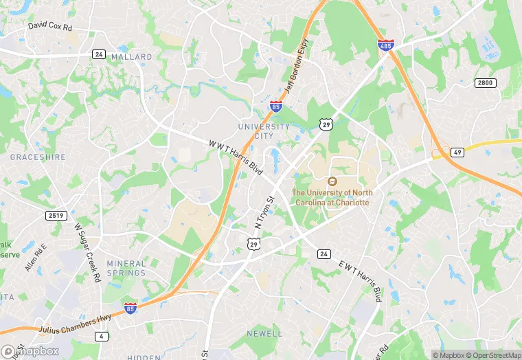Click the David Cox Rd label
pos(51,27)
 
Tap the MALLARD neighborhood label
pos(131,56)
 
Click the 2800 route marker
pos(484,82)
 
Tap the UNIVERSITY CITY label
pos(264,131)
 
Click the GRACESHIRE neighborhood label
pos(38,157)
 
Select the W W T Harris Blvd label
pos(236,157)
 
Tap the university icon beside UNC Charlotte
pos(332,181)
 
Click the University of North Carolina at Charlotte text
pos(331,198)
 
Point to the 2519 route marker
pos(56,216)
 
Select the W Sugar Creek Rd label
pos(87,252)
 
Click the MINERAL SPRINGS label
pos(126,268)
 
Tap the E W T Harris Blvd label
pos(360,280)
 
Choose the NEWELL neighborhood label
pos(264,333)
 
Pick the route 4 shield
pos(102,336)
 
